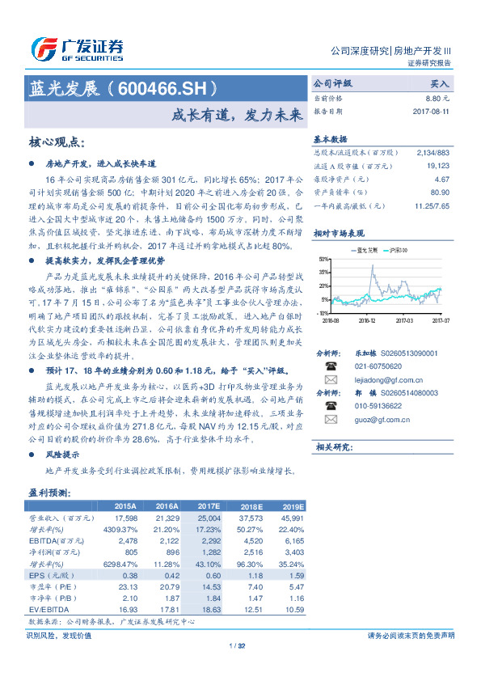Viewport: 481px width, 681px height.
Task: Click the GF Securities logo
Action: tap(77, 49)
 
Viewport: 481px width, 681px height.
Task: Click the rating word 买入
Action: tap(440, 83)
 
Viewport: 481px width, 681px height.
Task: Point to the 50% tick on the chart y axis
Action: tap(323, 259)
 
